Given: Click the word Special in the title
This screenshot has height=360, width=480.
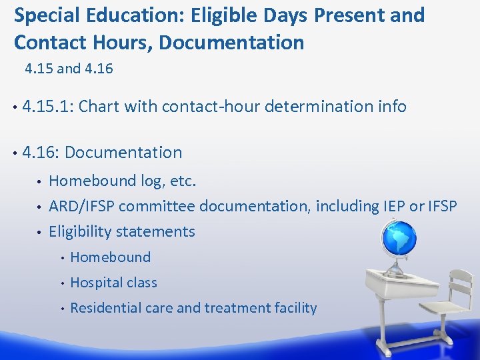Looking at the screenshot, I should (x=45, y=15).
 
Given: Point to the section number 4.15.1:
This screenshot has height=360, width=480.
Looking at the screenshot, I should (x=47, y=106).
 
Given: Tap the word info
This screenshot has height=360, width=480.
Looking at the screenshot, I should (x=390, y=106).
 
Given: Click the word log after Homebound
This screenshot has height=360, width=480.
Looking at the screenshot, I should (x=145, y=181).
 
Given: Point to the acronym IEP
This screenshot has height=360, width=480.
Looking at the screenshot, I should (x=393, y=206).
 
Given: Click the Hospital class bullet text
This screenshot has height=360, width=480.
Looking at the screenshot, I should (x=113, y=283).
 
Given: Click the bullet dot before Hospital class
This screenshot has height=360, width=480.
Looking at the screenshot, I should (x=61, y=283).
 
